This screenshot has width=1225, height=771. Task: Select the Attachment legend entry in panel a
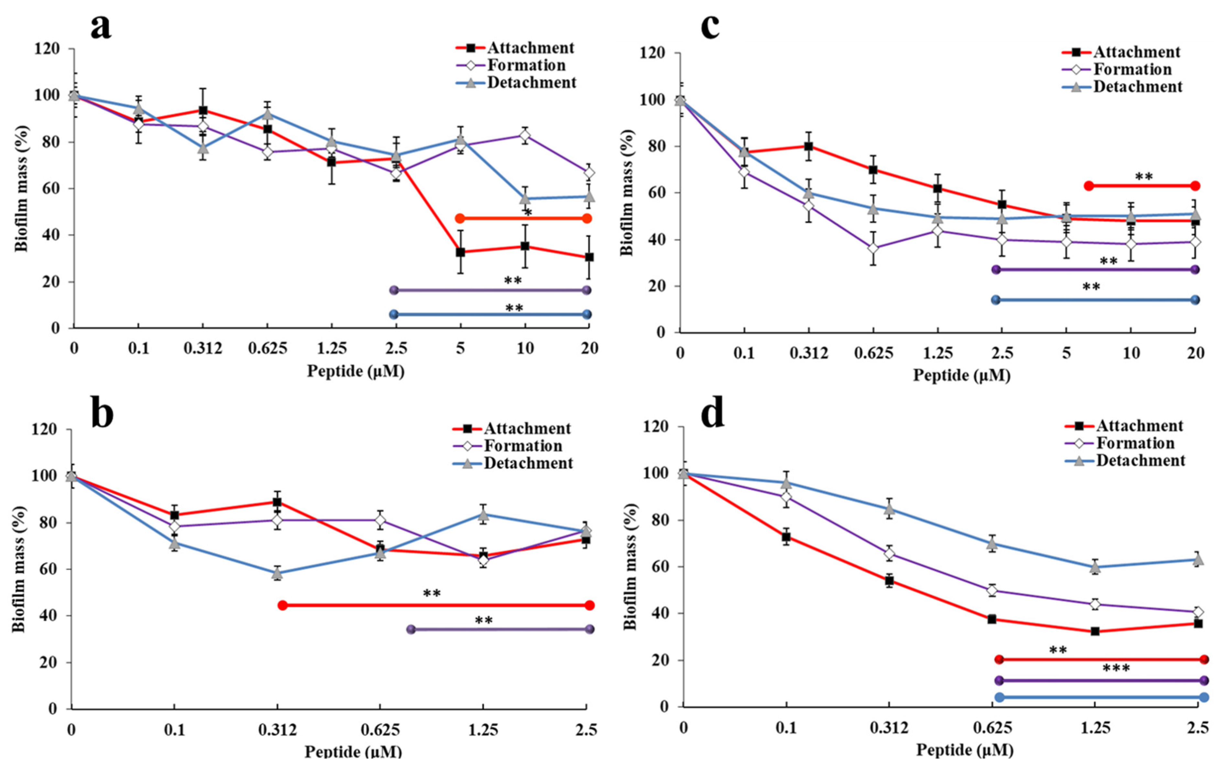tap(531, 48)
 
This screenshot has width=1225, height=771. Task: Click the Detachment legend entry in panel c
tap(1138, 86)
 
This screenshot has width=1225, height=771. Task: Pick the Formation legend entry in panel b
tap(523, 446)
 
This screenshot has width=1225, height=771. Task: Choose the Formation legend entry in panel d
tap(1135, 443)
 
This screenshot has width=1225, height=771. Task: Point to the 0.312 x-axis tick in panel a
tap(203, 349)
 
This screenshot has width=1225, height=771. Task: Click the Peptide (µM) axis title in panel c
tap(962, 375)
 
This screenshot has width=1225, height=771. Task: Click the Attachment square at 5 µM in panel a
tap(460, 252)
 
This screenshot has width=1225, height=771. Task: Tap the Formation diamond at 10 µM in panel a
tap(525, 135)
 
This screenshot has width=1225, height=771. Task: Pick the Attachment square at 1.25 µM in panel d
tap(1095, 631)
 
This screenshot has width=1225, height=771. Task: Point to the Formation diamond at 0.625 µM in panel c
tap(873, 248)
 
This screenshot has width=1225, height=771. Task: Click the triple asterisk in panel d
tap(1116, 668)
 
